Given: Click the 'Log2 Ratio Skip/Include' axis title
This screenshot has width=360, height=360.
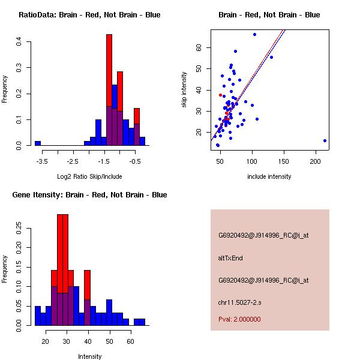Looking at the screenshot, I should point(89,176).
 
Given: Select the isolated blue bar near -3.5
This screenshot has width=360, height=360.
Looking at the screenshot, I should point(38,143).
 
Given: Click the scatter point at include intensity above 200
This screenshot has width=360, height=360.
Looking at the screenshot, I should point(325,140).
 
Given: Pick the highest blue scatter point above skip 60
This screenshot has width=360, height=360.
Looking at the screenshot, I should point(254,34).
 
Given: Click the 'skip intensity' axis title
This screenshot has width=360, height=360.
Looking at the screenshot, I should point(185,90).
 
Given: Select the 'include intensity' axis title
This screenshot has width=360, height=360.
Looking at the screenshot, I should point(269,176).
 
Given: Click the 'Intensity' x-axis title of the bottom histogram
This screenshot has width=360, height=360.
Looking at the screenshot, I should point(89,356).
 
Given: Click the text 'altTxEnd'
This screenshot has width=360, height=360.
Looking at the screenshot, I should point(230,258).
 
